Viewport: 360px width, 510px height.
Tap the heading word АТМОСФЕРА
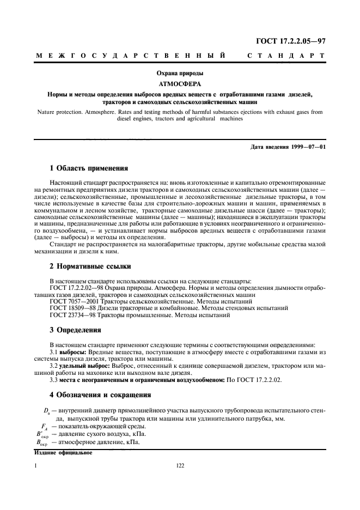[180, 84]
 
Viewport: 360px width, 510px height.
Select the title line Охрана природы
[180, 73]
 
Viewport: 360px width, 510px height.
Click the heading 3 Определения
[75, 330]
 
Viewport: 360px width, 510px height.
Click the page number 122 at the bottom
[180, 466]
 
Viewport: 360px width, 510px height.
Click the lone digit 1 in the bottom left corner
[35, 466]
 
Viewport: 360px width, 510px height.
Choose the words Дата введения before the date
[267, 147]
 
